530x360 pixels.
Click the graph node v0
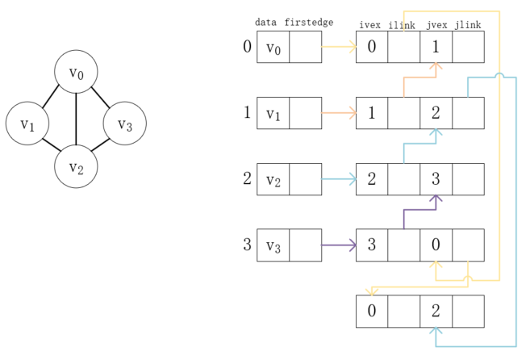tap(76, 73)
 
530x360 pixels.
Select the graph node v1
tap(27, 123)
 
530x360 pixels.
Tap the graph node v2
tap(76, 167)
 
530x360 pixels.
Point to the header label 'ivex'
tap(369, 26)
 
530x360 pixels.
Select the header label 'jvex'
tap(436, 26)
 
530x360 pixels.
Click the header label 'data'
tap(266, 23)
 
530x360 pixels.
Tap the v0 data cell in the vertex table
tap(273, 47)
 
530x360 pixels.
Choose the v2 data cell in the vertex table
tap(273, 179)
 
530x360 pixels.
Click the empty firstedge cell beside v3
tap(305, 245)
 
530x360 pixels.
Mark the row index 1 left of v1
tap(248, 112)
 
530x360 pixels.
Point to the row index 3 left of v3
tap(248, 245)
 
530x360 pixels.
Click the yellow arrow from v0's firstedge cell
tap(339, 47)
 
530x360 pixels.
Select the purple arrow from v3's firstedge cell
tap(339, 245)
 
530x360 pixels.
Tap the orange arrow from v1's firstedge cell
tap(339, 113)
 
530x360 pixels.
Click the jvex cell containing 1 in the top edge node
tap(436, 47)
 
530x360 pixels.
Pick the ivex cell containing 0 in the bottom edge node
tap(372, 311)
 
